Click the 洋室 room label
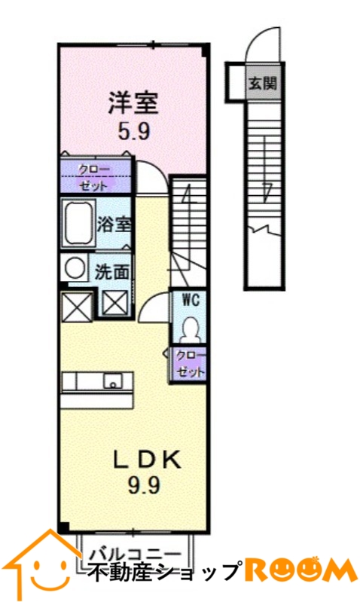(133, 103)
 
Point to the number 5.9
(133, 133)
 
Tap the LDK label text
(146, 460)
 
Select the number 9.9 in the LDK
(143, 487)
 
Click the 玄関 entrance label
(263, 83)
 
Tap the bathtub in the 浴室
(78, 224)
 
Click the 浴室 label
(114, 225)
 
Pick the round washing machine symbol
(75, 267)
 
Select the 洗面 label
(111, 272)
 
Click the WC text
(191, 300)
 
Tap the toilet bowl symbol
(189, 329)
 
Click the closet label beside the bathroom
(94, 177)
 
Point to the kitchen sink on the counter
(113, 380)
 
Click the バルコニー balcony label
(135, 554)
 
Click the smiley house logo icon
(42, 563)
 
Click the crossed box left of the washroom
(77, 307)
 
